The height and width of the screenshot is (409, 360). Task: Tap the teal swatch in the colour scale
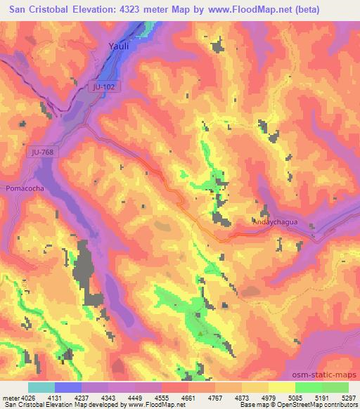click(41, 387)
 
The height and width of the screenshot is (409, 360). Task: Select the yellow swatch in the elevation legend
click(282, 387)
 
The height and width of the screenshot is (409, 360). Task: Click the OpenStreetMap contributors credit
click(323, 405)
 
